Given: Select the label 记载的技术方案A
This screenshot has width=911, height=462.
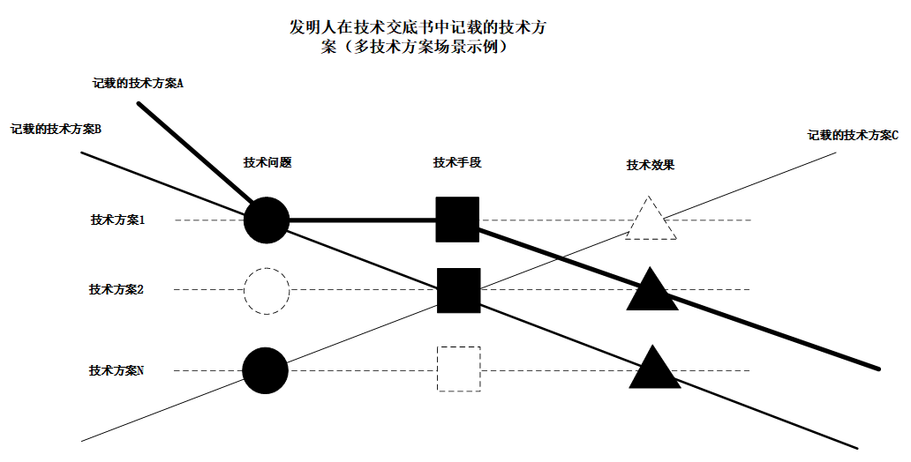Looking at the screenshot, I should (x=138, y=84).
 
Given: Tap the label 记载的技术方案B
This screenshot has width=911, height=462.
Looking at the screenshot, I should (x=56, y=129).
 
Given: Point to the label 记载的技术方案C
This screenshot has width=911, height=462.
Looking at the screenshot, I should (x=852, y=136).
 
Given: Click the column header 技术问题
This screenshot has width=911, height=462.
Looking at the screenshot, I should (x=267, y=162).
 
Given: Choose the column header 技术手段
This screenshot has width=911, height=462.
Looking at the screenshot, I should (x=457, y=162).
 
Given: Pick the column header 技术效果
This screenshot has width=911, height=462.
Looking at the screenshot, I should (x=651, y=165).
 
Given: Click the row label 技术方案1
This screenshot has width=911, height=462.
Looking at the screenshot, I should (x=117, y=220).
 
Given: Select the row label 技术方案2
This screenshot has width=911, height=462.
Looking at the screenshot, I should (x=117, y=289).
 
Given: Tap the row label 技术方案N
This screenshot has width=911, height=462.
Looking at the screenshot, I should (x=117, y=371).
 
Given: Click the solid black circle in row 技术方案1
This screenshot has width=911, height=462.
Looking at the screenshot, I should (x=266, y=220).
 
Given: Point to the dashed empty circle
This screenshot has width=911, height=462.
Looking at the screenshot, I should (x=266, y=289).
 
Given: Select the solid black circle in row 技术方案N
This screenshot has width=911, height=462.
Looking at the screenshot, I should (x=266, y=370).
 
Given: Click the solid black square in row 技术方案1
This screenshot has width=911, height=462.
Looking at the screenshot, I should (x=457, y=220).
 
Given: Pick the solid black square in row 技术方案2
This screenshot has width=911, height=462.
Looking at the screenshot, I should (x=458, y=290).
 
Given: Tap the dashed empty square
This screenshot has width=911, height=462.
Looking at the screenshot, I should (x=458, y=369).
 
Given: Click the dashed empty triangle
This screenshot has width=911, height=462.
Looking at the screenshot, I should (x=651, y=220).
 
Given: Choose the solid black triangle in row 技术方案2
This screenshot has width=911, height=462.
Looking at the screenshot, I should (x=651, y=292).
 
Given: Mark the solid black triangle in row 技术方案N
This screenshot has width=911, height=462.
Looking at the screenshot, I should (x=653, y=370).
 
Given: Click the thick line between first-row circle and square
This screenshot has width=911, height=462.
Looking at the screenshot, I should (x=362, y=220).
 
